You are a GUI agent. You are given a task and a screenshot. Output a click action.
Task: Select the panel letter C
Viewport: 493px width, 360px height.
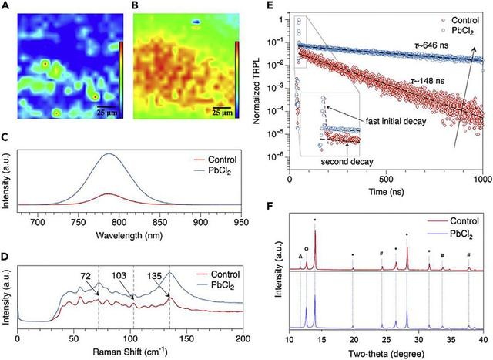6,136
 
